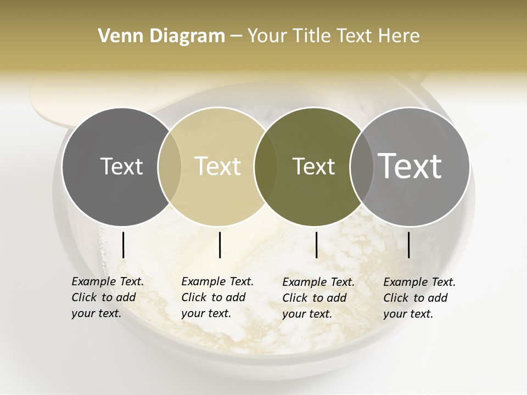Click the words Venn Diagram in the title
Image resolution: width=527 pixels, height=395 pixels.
click(161, 36)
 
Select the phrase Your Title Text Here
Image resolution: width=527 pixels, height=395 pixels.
click(333, 36)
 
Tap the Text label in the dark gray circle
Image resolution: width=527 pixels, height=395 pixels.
click(121, 166)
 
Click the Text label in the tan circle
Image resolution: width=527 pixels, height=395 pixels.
click(218, 166)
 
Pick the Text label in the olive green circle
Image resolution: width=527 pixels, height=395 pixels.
click(313, 166)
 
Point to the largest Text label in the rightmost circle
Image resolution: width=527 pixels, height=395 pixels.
click(410, 166)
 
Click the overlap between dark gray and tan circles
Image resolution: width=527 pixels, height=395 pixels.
click(170, 166)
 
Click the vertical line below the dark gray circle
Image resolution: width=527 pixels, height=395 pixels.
click(123, 245)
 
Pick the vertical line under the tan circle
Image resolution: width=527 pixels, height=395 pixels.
click(220, 245)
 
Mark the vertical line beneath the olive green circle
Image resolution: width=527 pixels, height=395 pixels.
click(316, 245)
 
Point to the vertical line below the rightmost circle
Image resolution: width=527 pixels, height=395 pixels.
click(408, 245)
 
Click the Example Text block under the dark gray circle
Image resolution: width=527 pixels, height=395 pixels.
click(107, 297)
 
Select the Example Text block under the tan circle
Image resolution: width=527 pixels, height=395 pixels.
click(217, 297)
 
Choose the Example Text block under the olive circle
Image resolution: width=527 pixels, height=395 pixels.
click(318, 298)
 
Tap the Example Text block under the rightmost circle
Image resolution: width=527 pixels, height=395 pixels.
click(419, 298)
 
